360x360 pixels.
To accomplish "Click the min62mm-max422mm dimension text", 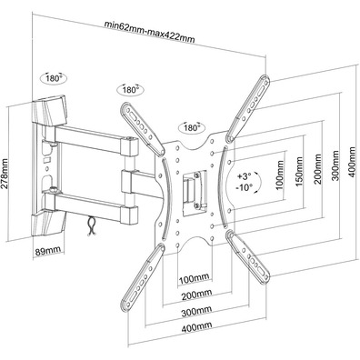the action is coord(149,31).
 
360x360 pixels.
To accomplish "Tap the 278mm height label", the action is coord(5,174).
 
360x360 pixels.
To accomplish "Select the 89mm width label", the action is coord(48,251).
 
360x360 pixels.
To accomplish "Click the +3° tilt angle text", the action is coord(245,175).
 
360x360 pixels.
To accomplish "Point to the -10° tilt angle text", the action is coord(245,187).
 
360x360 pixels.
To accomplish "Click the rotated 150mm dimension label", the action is coord(299,172).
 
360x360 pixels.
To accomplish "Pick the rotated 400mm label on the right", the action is coord(353,163).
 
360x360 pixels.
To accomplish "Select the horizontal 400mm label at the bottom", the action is coord(196,327).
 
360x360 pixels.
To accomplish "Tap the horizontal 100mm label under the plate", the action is coord(194,278).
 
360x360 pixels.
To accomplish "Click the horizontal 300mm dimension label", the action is coord(196,311).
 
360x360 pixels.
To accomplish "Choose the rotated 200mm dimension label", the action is coord(317,169).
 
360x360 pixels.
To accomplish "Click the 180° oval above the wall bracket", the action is coord(54,78).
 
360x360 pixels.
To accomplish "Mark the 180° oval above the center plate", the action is coord(192,127).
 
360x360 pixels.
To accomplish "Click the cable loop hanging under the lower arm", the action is coord(92,225).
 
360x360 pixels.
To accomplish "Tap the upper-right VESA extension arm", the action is coord(248,108).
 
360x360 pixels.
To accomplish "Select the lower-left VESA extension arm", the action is coord(143,278).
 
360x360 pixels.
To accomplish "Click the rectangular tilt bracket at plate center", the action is coord(194,191).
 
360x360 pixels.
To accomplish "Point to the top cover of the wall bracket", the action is coord(49,111).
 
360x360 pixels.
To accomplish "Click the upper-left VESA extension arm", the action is coord(143,129).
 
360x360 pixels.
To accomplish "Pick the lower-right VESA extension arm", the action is coord(248,257).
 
